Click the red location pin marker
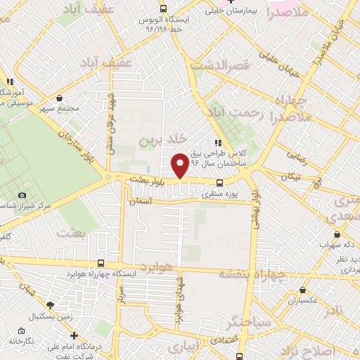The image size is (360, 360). (x=180, y=165)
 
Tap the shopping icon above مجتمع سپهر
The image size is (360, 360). (x=59, y=98)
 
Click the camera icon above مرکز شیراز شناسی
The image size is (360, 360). (x=22, y=195)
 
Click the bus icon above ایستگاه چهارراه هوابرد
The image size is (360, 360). (x=101, y=262)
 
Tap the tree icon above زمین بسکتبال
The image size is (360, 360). (x=50, y=305)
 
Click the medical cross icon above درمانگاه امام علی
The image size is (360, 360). (x=75, y=335)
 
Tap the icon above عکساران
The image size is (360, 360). (x=303, y=289)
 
